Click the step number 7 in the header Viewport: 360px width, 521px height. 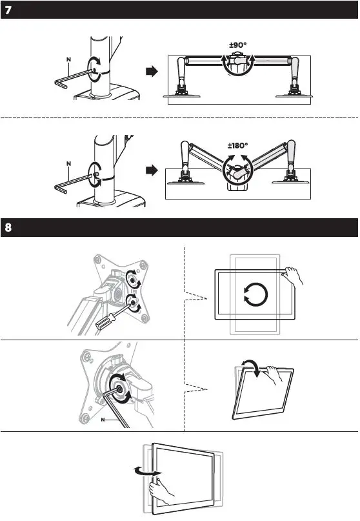point(8,10)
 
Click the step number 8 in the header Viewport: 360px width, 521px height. point(8,228)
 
